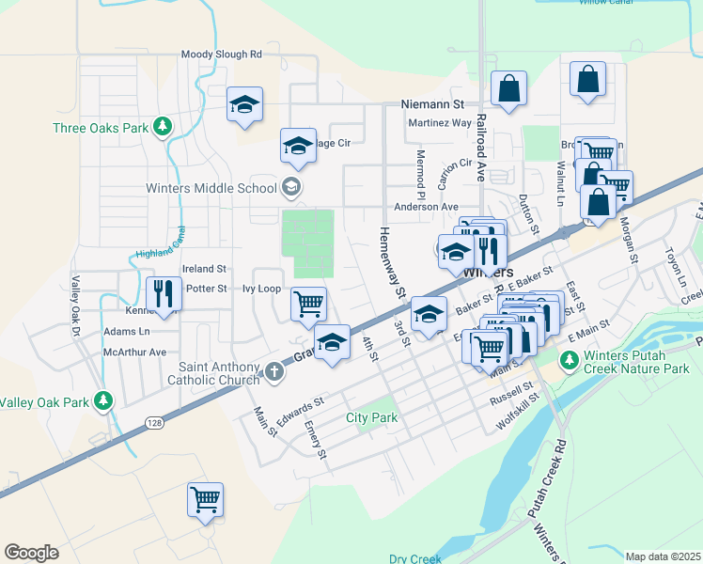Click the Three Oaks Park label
click(102, 128)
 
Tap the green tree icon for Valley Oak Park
click(103, 401)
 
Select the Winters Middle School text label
click(211, 187)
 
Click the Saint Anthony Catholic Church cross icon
click(274, 371)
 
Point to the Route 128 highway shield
click(152, 424)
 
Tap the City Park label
click(371, 417)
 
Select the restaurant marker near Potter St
click(164, 294)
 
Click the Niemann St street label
click(433, 103)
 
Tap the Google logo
click(32, 553)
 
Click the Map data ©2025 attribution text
click(663, 556)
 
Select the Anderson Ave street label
click(426, 207)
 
